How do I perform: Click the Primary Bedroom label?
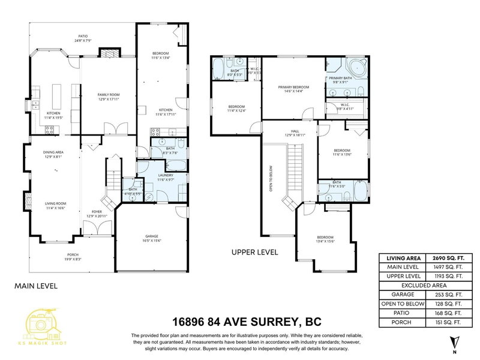tap(290, 88)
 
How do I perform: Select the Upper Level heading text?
tap(254, 253)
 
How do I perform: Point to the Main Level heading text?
tap(36, 286)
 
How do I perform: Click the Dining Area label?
tap(53, 154)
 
